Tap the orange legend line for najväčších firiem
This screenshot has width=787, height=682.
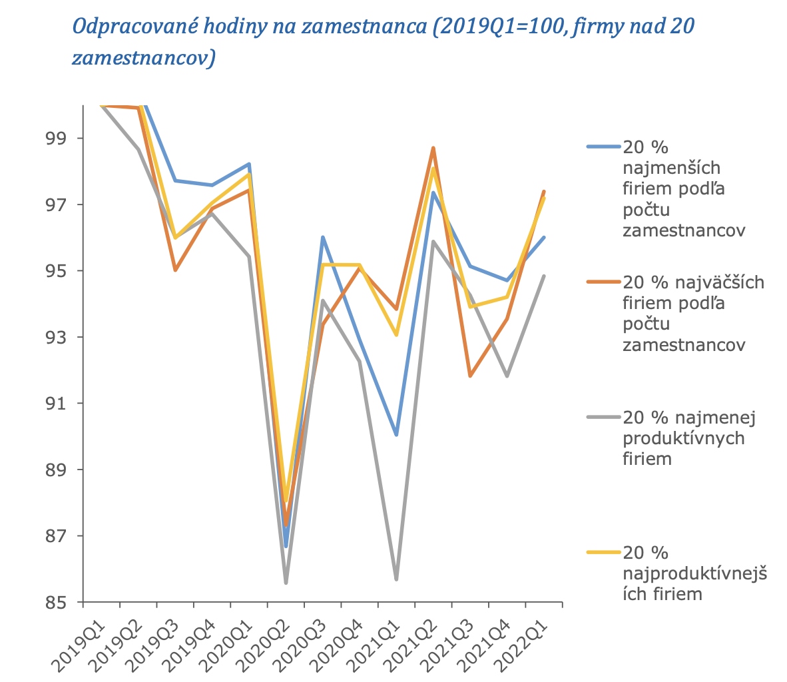point(603,282)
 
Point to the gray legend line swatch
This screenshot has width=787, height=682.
point(603,418)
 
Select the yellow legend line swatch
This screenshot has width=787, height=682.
point(603,552)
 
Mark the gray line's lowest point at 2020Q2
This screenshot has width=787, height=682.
point(286,583)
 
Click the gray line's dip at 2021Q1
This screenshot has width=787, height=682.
point(396,579)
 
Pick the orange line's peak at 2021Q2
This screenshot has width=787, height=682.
point(433,148)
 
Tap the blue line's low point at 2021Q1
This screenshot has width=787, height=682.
point(396,434)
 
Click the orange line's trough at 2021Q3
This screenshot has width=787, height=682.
point(470,376)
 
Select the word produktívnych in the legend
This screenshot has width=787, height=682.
point(683,439)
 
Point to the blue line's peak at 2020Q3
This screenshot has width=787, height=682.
point(322,237)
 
